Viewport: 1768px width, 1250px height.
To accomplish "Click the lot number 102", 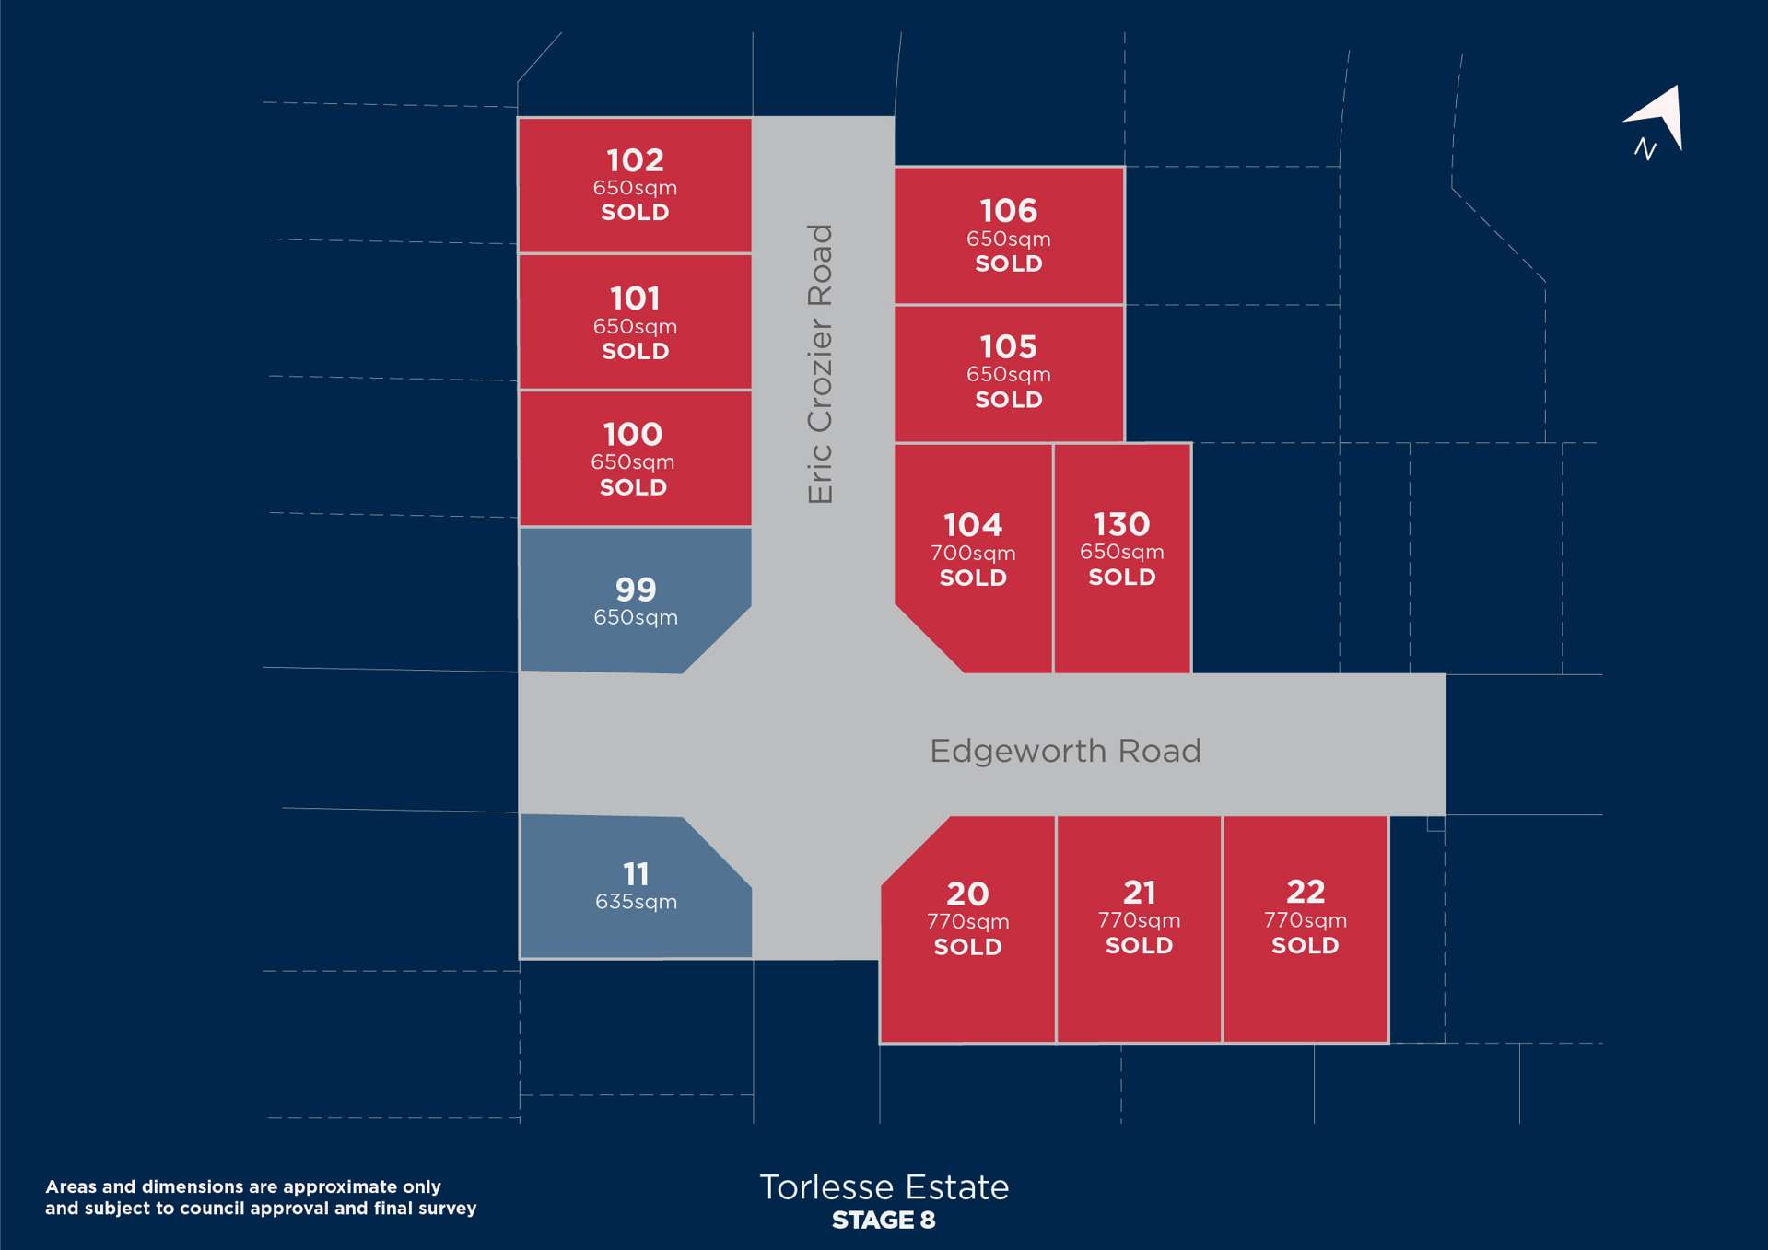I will (x=635, y=160).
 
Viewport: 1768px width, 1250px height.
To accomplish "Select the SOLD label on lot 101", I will (x=635, y=351).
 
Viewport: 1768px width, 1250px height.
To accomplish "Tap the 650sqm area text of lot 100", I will (x=633, y=461).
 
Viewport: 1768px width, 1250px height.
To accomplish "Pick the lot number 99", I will (x=636, y=590).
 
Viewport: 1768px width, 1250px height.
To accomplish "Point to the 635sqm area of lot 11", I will (x=636, y=902).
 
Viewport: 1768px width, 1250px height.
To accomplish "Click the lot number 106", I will (x=1008, y=211).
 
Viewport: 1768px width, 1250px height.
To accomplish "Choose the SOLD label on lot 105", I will (x=1008, y=400).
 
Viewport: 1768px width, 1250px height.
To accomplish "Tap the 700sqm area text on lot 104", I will (x=973, y=553).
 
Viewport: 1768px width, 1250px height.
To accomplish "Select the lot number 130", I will (x=1121, y=524).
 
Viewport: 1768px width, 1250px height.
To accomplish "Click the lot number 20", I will (x=967, y=894).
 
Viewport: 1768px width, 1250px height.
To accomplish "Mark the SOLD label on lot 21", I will (x=1139, y=945).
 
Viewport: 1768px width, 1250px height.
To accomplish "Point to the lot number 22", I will (x=1306, y=892).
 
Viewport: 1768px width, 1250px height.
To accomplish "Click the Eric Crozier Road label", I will (x=820, y=364).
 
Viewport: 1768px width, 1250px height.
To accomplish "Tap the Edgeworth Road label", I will (x=1065, y=751).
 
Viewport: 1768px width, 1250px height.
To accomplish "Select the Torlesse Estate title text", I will (x=884, y=1187).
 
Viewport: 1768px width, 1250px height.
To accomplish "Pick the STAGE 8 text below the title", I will (x=884, y=1221).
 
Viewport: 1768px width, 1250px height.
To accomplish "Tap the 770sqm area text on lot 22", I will (x=1306, y=920).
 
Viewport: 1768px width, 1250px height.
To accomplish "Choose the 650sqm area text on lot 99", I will (x=636, y=617).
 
